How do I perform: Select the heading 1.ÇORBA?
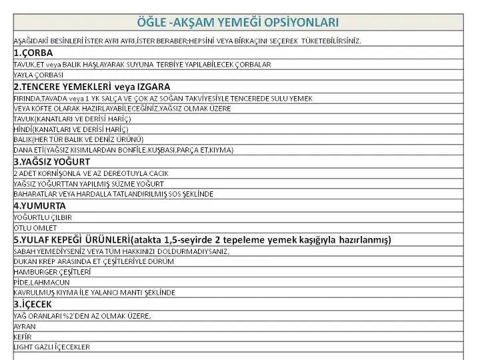click(x=33, y=52)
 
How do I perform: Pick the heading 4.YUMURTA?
click(x=39, y=206)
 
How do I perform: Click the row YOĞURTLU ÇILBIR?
click(x=43, y=217)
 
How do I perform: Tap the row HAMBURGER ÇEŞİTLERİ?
click(x=51, y=271)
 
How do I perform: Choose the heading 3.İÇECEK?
click(x=33, y=304)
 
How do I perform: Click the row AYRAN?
click(x=24, y=326)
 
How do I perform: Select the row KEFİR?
click(x=23, y=337)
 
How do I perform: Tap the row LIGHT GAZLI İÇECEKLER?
click(x=51, y=347)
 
